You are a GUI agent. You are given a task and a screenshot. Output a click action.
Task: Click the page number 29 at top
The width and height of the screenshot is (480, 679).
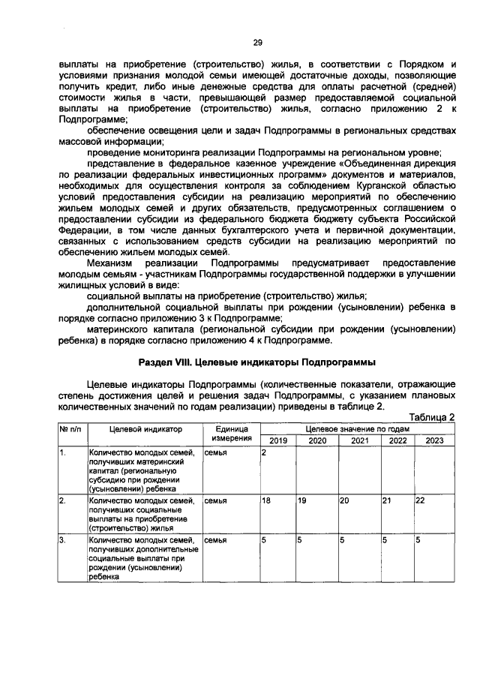[256, 42]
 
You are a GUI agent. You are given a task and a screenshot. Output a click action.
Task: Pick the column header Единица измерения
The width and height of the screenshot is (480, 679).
[231, 433]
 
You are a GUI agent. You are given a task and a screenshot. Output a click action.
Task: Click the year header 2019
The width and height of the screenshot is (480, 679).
[277, 440]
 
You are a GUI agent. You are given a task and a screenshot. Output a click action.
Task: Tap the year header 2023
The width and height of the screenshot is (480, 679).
[434, 440]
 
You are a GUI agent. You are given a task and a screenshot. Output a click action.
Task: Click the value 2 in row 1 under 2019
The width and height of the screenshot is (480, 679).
[264, 453]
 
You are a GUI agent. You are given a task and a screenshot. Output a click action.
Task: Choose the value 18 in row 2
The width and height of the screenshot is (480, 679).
[266, 500]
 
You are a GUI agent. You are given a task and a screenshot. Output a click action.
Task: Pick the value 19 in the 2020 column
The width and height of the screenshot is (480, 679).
[302, 500]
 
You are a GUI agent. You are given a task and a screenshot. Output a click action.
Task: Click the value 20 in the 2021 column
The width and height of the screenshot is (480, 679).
[345, 500]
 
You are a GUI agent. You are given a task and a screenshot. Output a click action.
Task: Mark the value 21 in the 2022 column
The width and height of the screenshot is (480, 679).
[387, 500]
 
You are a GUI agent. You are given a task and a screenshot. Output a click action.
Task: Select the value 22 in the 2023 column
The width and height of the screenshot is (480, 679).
[421, 500]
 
